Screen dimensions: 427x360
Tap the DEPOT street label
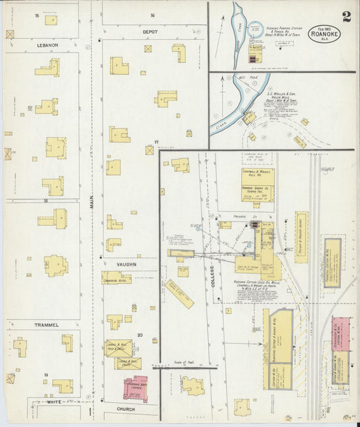150,32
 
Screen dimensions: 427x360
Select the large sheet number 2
346,16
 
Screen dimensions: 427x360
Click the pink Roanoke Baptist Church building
136,388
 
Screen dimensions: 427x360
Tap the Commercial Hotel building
116,278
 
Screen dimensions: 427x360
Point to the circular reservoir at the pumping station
255,29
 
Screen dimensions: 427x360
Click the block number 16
153,15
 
